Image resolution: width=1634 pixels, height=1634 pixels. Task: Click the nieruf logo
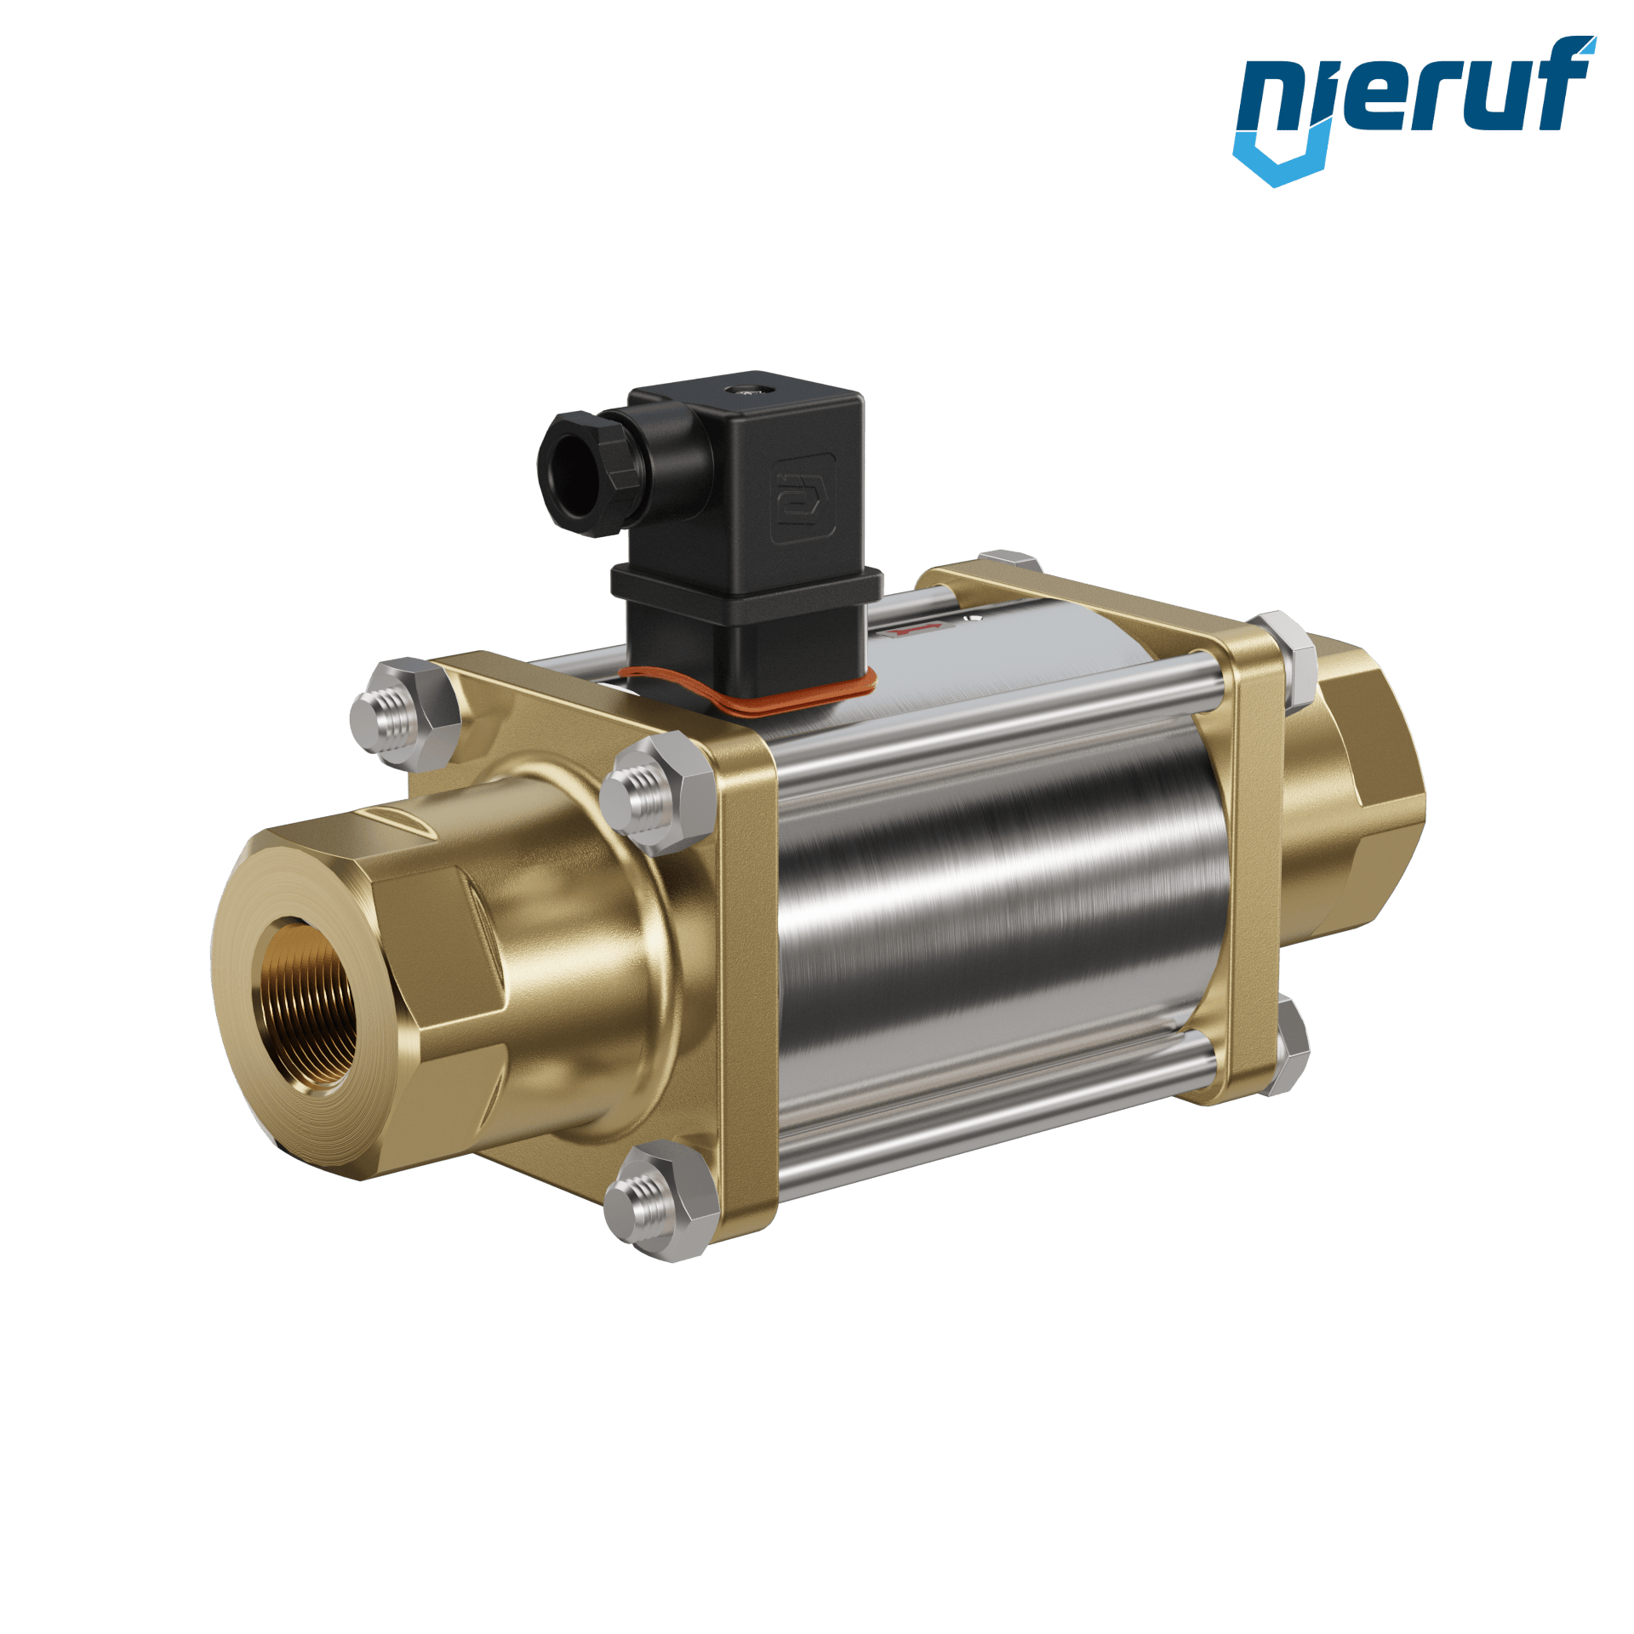pos(1414,111)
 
